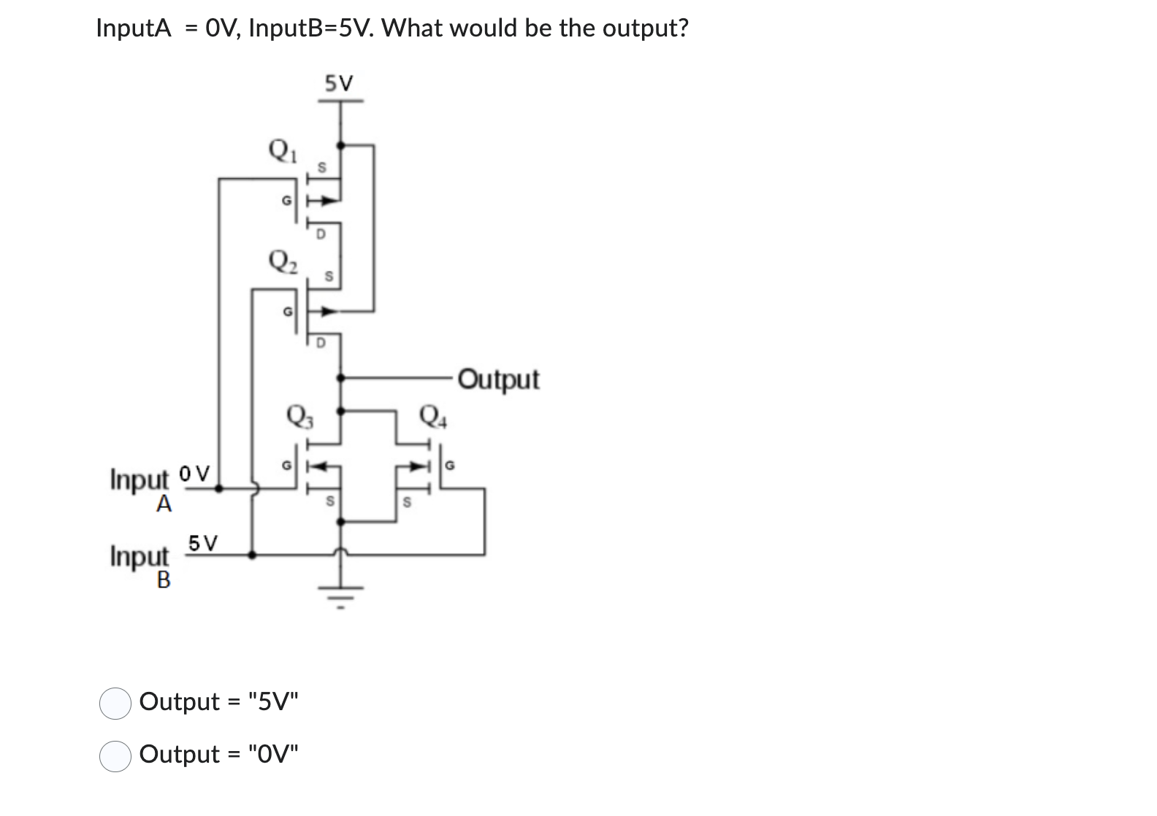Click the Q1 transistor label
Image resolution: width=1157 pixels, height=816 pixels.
283,152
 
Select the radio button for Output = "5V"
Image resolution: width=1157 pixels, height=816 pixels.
115,703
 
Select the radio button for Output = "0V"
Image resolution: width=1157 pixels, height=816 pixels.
115,755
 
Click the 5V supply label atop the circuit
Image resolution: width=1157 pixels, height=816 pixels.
338,83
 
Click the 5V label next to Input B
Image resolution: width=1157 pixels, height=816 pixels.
202,543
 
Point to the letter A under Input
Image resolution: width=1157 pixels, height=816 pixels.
164,504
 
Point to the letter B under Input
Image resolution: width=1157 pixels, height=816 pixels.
164,580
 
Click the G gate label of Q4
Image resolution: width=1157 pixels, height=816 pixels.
450,464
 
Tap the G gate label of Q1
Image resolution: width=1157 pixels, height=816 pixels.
287,200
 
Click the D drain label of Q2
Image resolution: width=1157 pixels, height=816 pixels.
321,342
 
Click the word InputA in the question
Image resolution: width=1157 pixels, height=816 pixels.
134,28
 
